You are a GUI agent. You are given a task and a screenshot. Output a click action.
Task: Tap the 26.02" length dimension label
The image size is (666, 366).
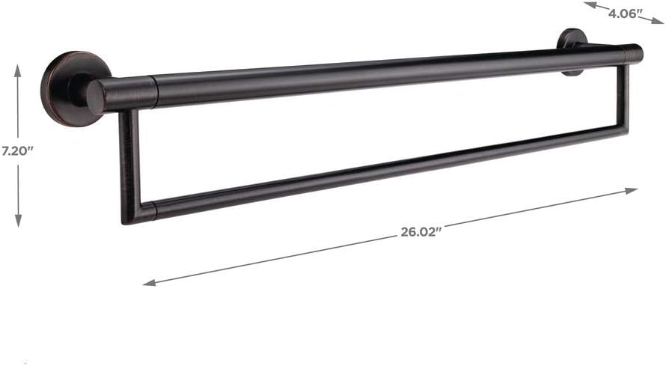tap(421, 231)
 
